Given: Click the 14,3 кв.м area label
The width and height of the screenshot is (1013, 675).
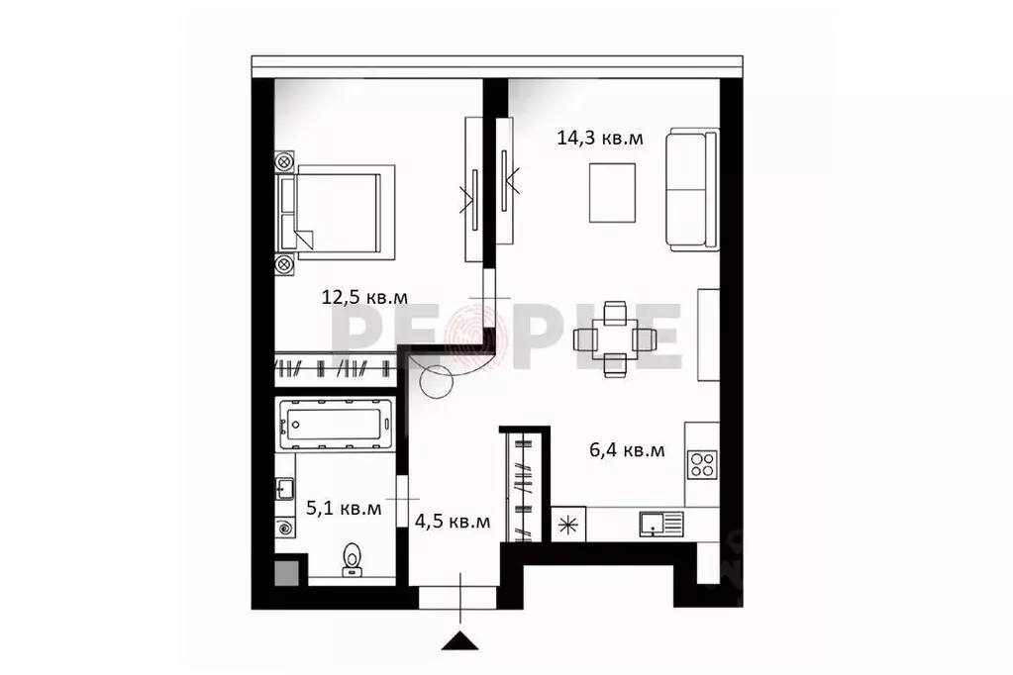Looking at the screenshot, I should [x=600, y=139].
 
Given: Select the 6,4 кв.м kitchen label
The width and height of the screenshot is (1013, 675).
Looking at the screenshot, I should [x=627, y=450].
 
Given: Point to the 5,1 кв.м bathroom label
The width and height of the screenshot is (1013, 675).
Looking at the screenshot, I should [x=344, y=509].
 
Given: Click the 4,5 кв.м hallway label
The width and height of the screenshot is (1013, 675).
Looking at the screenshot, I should [x=453, y=522].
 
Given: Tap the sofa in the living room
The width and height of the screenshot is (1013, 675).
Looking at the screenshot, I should [x=691, y=190].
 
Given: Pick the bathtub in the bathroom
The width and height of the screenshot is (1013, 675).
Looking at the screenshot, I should [x=335, y=426].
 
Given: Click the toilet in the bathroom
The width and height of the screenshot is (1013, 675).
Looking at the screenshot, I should [x=351, y=559].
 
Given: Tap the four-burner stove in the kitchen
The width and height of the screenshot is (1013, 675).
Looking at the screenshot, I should [x=702, y=464].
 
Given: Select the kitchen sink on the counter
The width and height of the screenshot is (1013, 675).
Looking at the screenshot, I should [x=658, y=522].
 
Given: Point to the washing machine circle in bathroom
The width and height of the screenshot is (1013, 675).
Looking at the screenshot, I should [x=286, y=528].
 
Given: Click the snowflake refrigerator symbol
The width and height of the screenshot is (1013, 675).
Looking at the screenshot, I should [x=568, y=525].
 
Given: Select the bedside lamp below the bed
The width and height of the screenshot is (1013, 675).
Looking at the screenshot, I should [x=284, y=264].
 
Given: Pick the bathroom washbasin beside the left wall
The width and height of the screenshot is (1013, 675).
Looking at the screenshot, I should [x=284, y=488].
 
